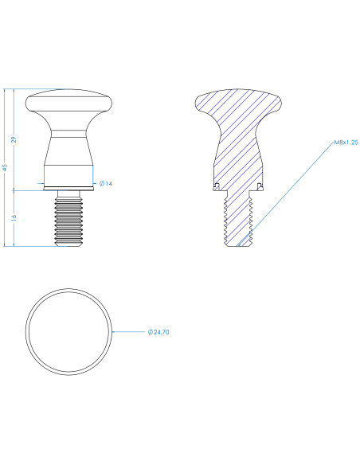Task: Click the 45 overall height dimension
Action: tap(5, 167)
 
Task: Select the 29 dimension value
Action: tap(14, 140)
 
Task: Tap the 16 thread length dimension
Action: tap(14, 217)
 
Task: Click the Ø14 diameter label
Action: tap(106, 184)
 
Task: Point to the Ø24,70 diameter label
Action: tap(158, 332)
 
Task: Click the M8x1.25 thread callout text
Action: tap(346, 143)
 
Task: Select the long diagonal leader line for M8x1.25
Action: tap(285, 194)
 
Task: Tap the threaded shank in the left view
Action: tap(68, 218)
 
